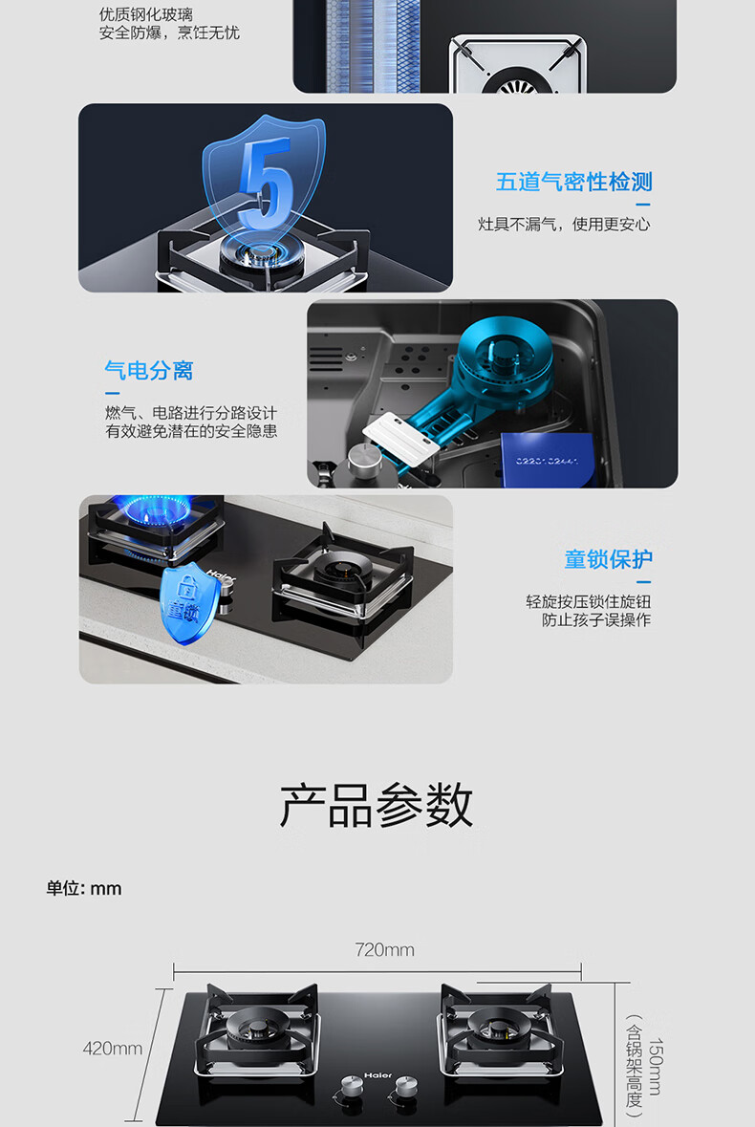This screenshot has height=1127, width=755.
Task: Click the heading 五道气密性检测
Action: click(574, 182)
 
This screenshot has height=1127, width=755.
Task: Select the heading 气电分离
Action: click(149, 371)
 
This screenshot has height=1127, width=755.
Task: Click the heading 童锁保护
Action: click(608, 559)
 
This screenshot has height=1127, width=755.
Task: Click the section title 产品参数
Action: click(377, 805)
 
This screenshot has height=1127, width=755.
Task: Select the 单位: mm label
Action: click(84, 888)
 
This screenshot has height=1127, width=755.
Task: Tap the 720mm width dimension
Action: click(384, 949)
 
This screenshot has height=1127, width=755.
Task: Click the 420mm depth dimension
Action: click(113, 1049)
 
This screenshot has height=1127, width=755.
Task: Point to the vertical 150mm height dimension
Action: click(656, 1067)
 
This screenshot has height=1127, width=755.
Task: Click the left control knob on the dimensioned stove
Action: click(352, 1085)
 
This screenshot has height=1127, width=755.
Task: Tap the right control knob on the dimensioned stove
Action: click(406, 1085)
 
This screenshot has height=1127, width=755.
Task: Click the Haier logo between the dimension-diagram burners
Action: click(378, 1075)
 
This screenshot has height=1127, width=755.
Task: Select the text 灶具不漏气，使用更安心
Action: click(564, 225)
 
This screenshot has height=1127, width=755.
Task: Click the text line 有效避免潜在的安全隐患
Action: click(191, 431)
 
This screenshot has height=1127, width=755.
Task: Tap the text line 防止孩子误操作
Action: click(596, 619)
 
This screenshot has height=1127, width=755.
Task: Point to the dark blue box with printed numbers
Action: click(548, 459)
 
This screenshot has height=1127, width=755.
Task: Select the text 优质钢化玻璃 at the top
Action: click(146, 14)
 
